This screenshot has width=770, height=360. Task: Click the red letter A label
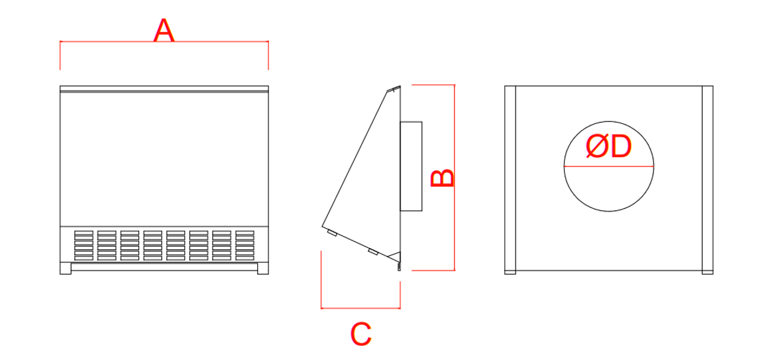(x=164, y=30)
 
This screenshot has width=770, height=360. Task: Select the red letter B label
(x=442, y=178)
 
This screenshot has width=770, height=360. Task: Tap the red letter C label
(x=361, y=334)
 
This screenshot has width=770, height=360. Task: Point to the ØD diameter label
(x=608, y=147)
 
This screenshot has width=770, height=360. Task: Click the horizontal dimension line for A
(x=164, y=42)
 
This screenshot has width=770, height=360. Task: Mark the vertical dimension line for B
(x=455, y=177)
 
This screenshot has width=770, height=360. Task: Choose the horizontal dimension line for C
(x=360, y=308)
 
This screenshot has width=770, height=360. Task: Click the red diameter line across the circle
(x=608, y=166)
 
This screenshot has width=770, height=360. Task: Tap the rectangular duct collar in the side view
(x=411, y=166)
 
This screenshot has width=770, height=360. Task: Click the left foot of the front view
(x=66, y=268)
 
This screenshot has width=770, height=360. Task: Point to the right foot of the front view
(x=262, y=268)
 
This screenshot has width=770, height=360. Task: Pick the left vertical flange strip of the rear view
(x=510, y=180)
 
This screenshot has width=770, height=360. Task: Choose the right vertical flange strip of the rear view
(x=708, y=180)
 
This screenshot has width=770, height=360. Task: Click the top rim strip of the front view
(x=164, y=89)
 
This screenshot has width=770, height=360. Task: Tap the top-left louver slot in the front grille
(x=83, y=233)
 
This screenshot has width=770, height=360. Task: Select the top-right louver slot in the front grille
(x=245, y=233)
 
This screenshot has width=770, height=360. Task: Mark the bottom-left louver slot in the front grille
(x=83, y=258)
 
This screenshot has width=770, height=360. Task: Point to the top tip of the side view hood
(x=400, y=86)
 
